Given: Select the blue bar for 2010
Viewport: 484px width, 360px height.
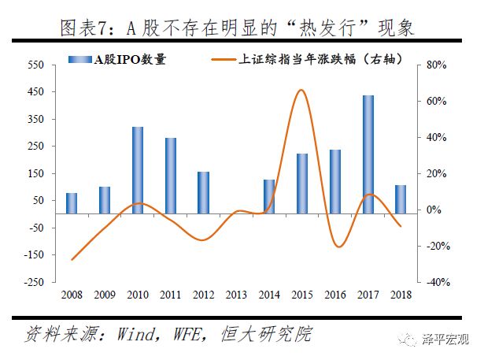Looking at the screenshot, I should (x=138, y=169).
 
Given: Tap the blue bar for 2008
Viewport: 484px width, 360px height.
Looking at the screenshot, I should (x=72, y=202).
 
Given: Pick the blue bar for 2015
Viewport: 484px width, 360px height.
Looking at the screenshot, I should (x=302, y=183).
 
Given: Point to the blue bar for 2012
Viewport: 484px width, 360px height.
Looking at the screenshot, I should (x=203, y=192).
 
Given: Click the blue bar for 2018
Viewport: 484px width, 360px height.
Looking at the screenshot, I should (x=401, y=199).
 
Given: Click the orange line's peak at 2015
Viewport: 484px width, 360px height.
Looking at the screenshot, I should (x=301, y=90).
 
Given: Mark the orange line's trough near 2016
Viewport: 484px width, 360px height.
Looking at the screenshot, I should (x=338, y=247).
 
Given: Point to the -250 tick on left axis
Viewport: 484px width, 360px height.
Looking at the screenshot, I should (x=38, y=282).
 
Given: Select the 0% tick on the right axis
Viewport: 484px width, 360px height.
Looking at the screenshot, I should (x=434, y=210).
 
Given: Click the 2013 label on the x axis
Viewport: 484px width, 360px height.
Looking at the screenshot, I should (x=236, y=295).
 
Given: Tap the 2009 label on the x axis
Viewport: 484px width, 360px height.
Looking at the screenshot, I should (x=105, y=295).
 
